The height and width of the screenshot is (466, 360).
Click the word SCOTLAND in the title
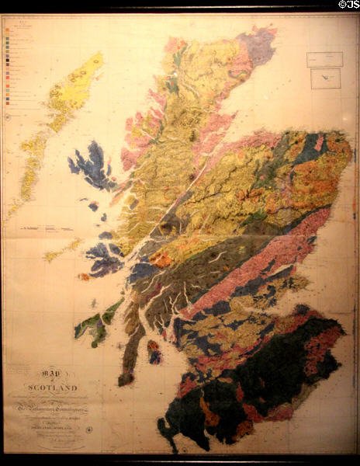[x=47, y=388]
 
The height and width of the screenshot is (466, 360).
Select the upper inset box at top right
[x=324, y=58]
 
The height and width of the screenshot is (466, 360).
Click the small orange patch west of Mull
[x=83, y=276]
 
